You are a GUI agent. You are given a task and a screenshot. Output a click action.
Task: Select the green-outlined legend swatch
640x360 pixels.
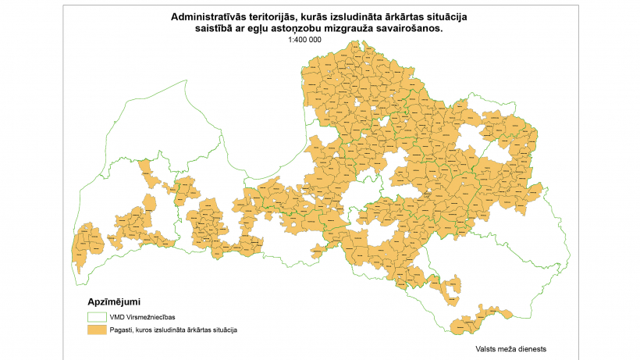click(x=95, y=317)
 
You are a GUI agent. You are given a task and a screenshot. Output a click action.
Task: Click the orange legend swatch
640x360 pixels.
click(x=95, y=330)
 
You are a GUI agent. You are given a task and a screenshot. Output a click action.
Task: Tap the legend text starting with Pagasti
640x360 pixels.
click(x=173, y=330)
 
